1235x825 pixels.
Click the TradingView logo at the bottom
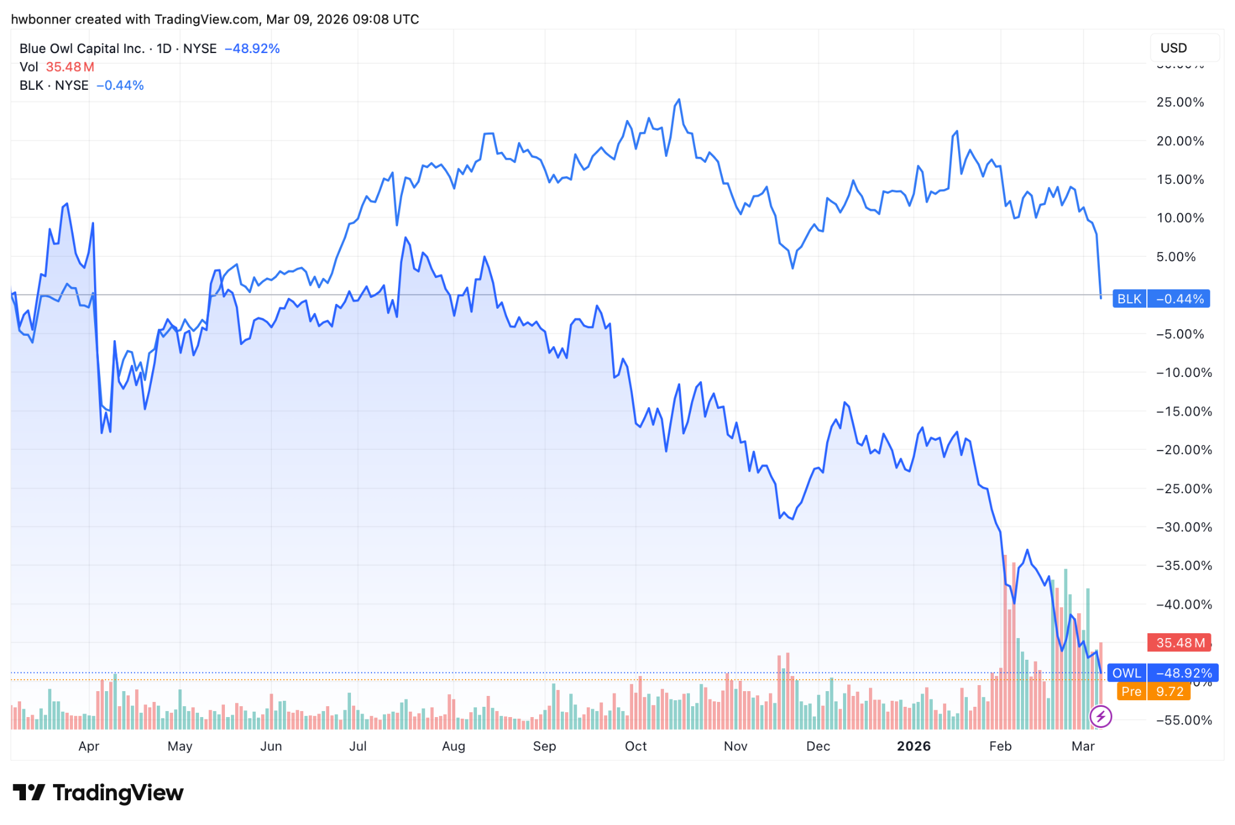click(98, 792)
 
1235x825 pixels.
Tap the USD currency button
click(1173, 48)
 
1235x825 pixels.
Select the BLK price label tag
click(1129, 299)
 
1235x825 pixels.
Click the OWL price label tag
click(1126, 673)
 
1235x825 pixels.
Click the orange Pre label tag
click(1131, 692)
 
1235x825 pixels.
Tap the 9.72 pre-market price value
click(1170, 692)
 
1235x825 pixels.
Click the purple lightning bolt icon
click(1101, 716)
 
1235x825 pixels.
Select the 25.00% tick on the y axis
click(1180, 103)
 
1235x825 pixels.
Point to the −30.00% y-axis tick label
click(1184, 527)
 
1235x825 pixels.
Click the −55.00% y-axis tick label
click(1184, 720)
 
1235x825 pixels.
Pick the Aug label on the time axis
click(453, 747)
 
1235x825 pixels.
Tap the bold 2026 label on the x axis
click(914, 747)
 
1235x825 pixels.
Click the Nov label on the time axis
click(736, 747)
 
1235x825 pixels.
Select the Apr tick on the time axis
click(89, 747)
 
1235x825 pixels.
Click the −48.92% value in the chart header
click(252, 49)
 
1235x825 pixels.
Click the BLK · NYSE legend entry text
click(54, 86)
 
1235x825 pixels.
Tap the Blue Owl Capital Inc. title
click(82, 49)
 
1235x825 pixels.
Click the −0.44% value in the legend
click(120, 86)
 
